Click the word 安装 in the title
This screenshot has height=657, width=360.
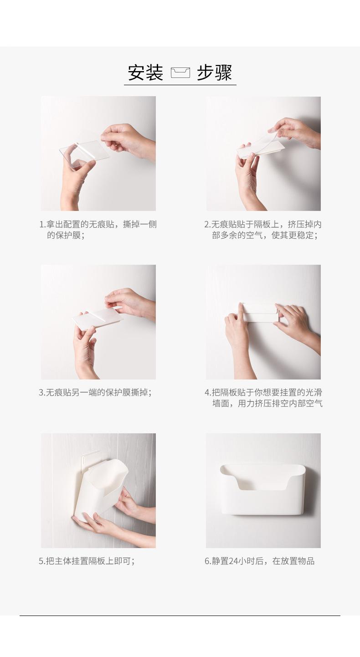pos(145,72)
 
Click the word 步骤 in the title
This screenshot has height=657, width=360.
pos(215,72)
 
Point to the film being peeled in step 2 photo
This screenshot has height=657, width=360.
pos(266,140)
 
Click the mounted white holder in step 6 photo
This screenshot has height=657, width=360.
pos(262,489)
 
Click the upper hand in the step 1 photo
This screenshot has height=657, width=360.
pos(128,141)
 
